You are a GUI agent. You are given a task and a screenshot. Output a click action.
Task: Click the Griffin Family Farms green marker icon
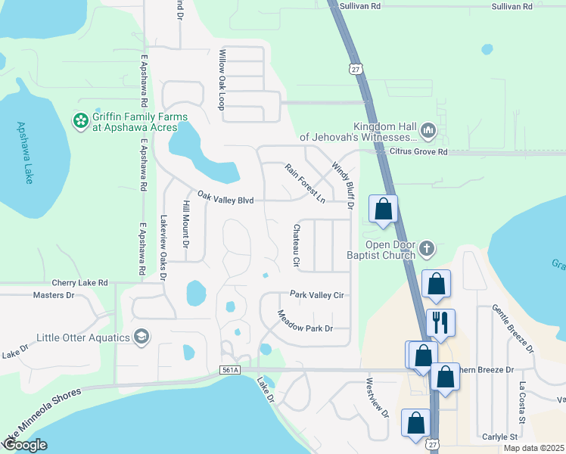[x=80, y=121]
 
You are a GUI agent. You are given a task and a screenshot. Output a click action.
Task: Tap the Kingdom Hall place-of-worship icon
[x=428, y=132]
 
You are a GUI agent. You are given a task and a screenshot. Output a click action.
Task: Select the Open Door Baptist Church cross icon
[x=428, y=248]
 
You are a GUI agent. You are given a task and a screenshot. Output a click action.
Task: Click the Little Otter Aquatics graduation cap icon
[x=141, y=336]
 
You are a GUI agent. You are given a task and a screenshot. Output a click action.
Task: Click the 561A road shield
[x=230, y=370]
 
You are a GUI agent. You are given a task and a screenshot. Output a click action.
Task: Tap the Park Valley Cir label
[x=317, y=295]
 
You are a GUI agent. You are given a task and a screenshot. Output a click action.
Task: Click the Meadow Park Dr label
[x=305, y=322]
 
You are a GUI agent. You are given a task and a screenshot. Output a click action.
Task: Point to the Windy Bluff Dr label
[x=343, y=185]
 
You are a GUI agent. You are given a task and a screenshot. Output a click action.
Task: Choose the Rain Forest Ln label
[x=304, y=182]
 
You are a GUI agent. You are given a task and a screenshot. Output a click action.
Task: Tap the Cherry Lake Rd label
[x=79, y=282]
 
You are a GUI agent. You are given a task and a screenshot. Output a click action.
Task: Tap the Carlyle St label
[x=499, y=437]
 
